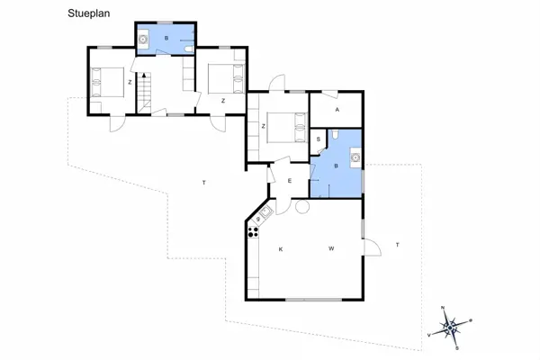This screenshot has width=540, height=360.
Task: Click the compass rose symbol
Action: click(451, 325)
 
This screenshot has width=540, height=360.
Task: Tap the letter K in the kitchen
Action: click(281, 248)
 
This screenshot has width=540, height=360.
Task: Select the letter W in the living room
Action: click(331, 248)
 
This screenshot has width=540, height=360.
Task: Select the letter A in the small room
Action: click(337, 109)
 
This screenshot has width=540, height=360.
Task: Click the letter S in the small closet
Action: click(319, 139)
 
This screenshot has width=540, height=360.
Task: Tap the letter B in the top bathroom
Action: click(166, 40)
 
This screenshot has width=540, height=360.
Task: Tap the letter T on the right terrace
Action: click(397, 245)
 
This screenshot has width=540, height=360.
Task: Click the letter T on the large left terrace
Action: click(204, 183)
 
